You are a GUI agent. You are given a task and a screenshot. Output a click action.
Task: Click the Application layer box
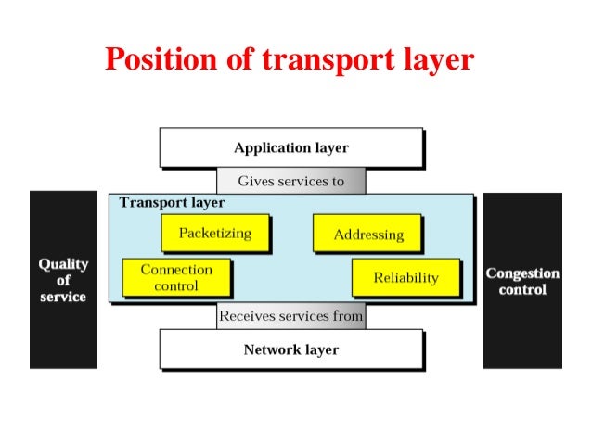[x=290, y=148]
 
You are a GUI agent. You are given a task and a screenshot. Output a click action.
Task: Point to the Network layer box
[x=290, y=349]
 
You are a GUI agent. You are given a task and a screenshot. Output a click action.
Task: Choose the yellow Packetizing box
[x=214, y=233]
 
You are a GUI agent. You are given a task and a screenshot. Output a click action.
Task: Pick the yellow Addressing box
[x=368, y=235]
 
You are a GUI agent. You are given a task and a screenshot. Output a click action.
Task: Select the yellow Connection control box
[x=176, y=277]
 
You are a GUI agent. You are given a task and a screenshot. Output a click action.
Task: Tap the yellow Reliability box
[x=405, y=277]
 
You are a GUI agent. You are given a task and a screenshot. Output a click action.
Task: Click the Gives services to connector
[x=290, y=181]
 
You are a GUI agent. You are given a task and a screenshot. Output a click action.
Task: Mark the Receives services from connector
[x=290, y=316]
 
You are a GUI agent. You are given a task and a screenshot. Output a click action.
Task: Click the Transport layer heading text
[x=172, y=202]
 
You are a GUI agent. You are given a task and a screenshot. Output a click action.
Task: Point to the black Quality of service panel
[x=63, y=280]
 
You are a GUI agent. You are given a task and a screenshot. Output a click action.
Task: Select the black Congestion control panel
[x=522, y=280]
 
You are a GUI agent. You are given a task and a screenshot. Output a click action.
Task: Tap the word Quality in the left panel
[x=63, y=263]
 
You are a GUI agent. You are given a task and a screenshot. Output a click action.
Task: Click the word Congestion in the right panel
[x=522, y=273]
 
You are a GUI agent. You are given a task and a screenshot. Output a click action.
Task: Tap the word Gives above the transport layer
[x=255, y=181]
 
